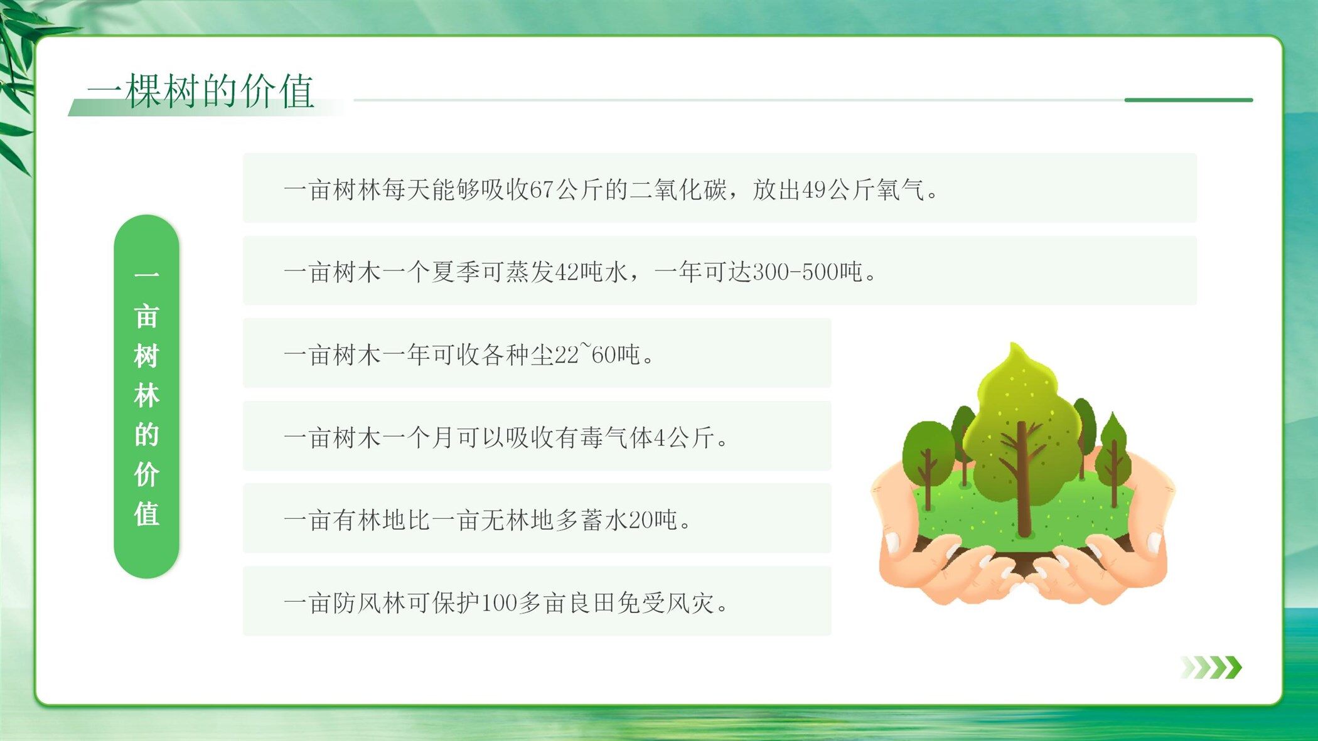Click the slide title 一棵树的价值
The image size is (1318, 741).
[x=201, y=91]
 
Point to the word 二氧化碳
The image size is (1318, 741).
[x=678, y=189]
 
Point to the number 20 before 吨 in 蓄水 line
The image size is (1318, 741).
[x=641, y=520]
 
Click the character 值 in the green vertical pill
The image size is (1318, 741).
[x=146, y=514]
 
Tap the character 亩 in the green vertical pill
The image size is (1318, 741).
[x=146, y=317]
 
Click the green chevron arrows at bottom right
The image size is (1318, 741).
[x=1211, y=668]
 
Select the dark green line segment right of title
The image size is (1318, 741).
[x=1189, y=100]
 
